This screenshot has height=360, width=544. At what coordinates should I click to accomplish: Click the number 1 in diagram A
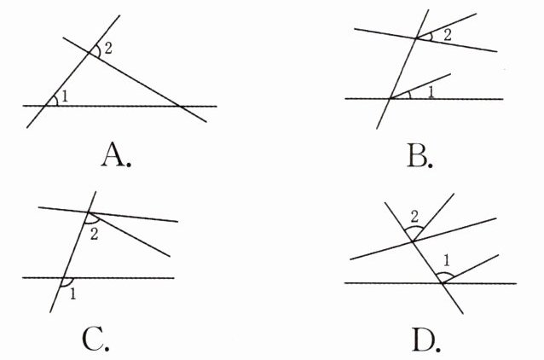pos(64,96)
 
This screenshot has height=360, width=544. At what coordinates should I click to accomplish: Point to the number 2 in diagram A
pos(107,47)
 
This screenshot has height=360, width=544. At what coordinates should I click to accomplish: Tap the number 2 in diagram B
pos(447,33)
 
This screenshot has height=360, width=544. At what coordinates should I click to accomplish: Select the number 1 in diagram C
pos(73,294)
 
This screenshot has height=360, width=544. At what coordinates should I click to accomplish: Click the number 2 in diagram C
pos(93,234)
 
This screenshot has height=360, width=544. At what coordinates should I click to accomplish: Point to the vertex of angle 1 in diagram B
pos(391,99)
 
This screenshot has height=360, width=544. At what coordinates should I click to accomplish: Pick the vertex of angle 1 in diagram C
pos(65,277)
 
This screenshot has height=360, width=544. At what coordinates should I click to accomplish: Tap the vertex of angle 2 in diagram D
pos(414,241)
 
